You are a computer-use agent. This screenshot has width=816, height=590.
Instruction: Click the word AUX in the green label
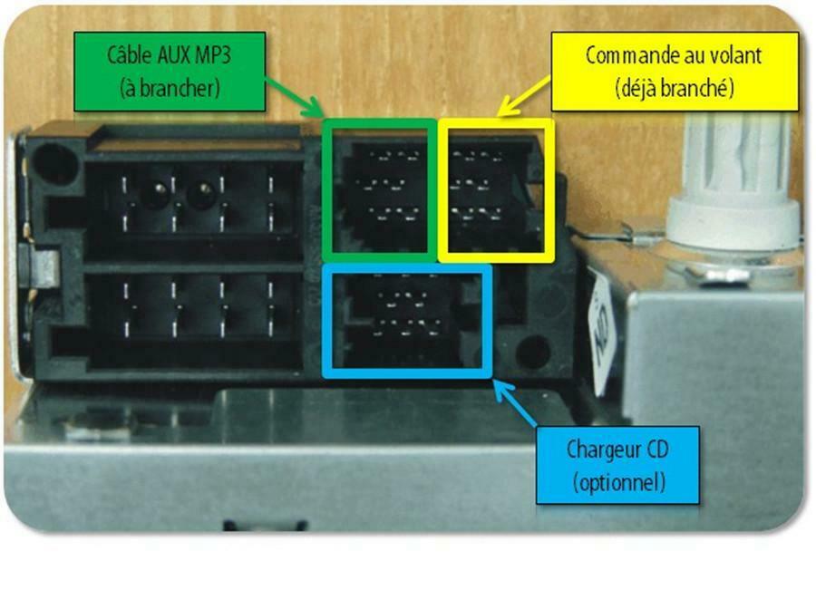173,55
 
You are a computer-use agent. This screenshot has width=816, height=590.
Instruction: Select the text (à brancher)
170,88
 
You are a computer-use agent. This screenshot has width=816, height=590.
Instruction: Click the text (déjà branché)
675,88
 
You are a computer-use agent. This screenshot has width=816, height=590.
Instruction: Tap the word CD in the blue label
657,449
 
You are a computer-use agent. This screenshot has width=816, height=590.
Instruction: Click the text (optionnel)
619,482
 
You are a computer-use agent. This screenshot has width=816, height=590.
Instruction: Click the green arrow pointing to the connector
294,98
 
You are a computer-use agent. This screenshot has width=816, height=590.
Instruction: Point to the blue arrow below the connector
515,403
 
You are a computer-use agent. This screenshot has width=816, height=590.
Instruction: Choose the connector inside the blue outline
407,321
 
